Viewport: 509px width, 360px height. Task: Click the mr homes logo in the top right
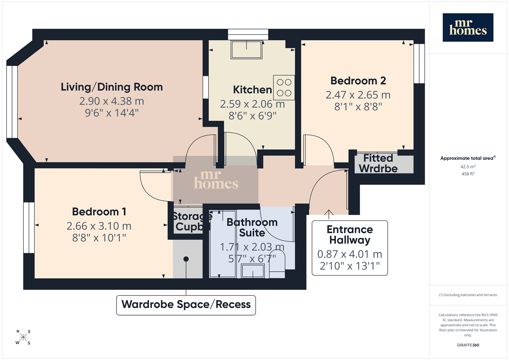coord(468,28)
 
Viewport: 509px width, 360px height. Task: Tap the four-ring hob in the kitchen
coord(284,88)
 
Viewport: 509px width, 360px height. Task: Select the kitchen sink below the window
coord(247,49)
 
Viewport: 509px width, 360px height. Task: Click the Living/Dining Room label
coord(112,87)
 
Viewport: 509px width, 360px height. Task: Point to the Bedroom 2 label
coord(358,81)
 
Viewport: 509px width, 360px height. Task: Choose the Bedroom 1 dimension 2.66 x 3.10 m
coord(99,226)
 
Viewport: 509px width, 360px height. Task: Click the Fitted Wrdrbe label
coord(378,163)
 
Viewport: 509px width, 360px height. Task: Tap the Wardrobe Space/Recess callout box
coord(186,305)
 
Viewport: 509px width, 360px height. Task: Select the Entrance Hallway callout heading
coord(350,234)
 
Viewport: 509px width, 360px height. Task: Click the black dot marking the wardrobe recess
coord(186,259)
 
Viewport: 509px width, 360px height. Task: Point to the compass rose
coord(23,337)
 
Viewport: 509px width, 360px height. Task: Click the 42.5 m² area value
coord(468,167)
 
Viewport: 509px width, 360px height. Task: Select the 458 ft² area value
coord(468,174)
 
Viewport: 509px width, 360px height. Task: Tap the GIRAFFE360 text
coord(468,345)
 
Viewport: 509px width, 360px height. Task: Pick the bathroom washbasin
coord(253,271)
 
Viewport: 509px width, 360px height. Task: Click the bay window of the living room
coord(12,102)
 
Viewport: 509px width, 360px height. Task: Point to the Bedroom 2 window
coord(419,64)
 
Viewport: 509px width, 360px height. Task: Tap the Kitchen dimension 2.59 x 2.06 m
coord(253,104)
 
